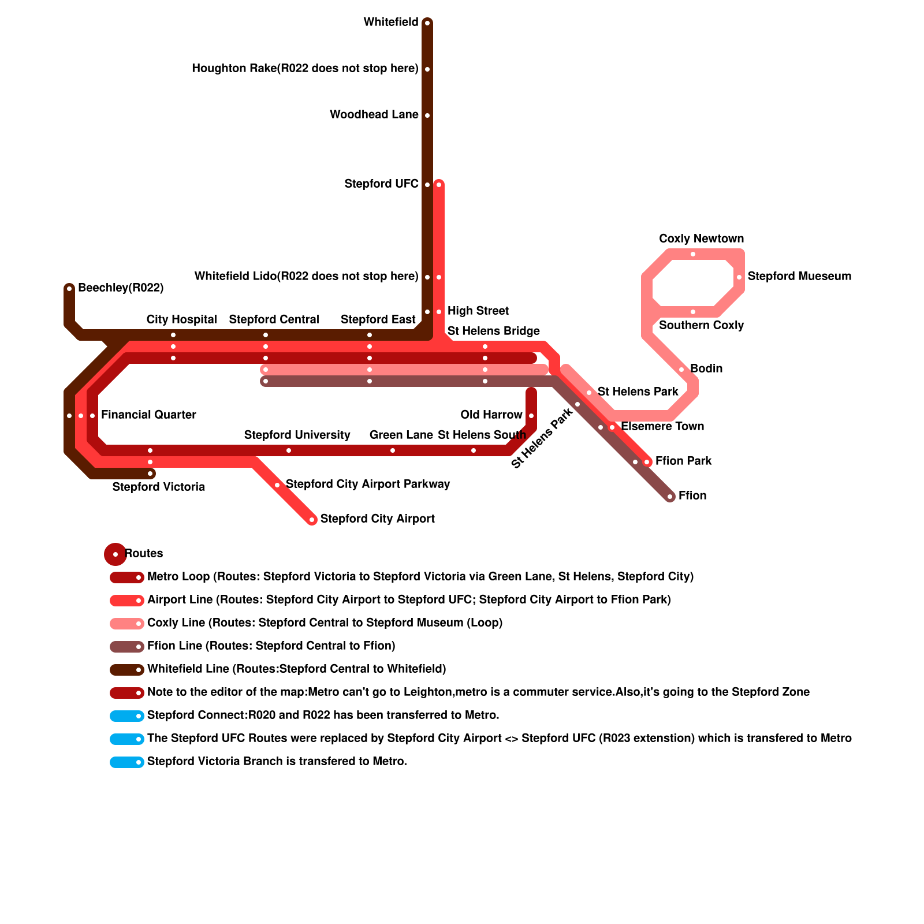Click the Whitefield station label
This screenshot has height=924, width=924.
(390, 23)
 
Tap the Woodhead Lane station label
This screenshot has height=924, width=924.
(374, 115)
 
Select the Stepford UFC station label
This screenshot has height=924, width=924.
(381, 184)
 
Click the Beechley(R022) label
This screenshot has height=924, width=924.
(121, 288)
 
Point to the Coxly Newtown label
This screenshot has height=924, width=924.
(701, 239)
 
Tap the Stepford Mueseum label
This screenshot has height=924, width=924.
(799, 277)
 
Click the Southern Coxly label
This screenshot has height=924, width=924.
(701, 326)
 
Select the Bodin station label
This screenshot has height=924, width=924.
(706, 369)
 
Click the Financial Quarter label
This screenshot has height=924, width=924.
(148, 415)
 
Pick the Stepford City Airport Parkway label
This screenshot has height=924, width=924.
(368, 485)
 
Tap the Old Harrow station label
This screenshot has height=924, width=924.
(491, 415)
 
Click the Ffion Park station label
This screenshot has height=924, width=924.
(683, 461)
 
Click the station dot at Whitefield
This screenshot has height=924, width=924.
(427, 23)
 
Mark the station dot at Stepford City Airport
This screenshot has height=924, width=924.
(312, 520)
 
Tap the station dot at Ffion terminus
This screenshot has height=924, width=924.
(670, 497)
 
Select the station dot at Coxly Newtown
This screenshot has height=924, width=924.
(693, 254)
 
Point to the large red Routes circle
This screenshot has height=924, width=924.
(115, 554)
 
